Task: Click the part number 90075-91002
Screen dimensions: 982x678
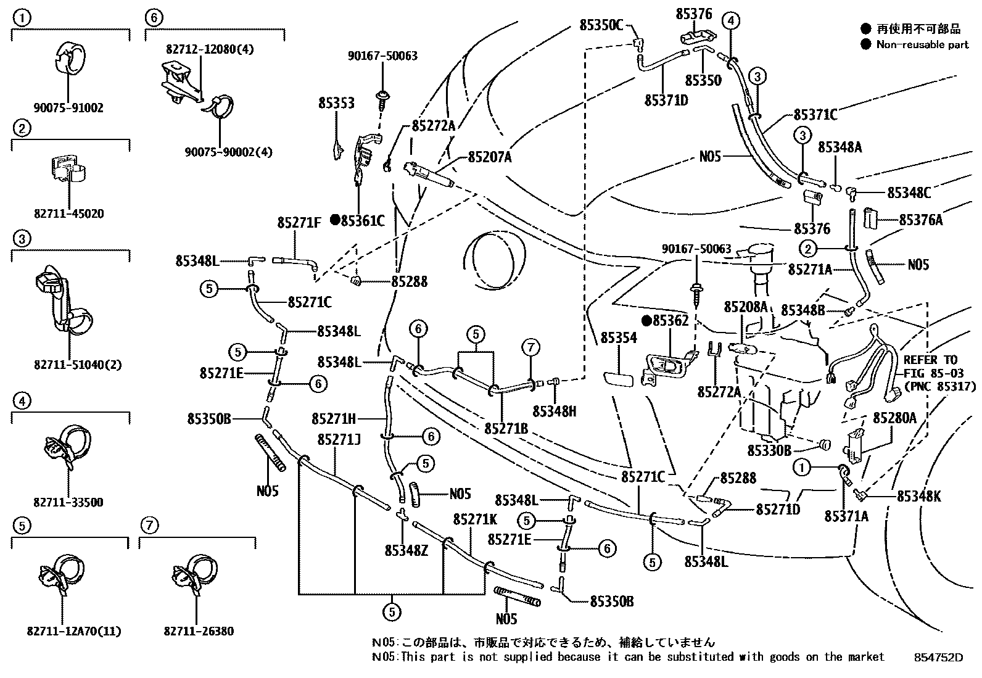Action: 68,108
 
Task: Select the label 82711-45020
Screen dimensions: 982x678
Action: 69,213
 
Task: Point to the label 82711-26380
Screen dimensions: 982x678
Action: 199,631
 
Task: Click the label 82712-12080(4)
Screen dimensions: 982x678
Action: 210,49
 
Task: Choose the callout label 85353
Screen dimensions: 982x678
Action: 336,103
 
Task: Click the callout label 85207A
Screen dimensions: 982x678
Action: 490,157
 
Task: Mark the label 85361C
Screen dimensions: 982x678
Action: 363,221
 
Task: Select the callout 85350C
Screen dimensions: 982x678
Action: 601,25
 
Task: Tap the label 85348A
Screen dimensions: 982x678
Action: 840,147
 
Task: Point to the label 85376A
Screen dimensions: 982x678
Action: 920,220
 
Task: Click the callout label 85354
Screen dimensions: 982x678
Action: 619,337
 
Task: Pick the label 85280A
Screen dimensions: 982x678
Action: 894,418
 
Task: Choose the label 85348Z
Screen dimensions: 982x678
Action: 406,550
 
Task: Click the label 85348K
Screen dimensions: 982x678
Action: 919,497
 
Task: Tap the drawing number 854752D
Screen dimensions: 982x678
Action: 939,658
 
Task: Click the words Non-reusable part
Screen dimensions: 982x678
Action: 922,44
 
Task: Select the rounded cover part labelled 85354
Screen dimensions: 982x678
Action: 618,378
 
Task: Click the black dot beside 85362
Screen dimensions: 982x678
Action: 646,321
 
